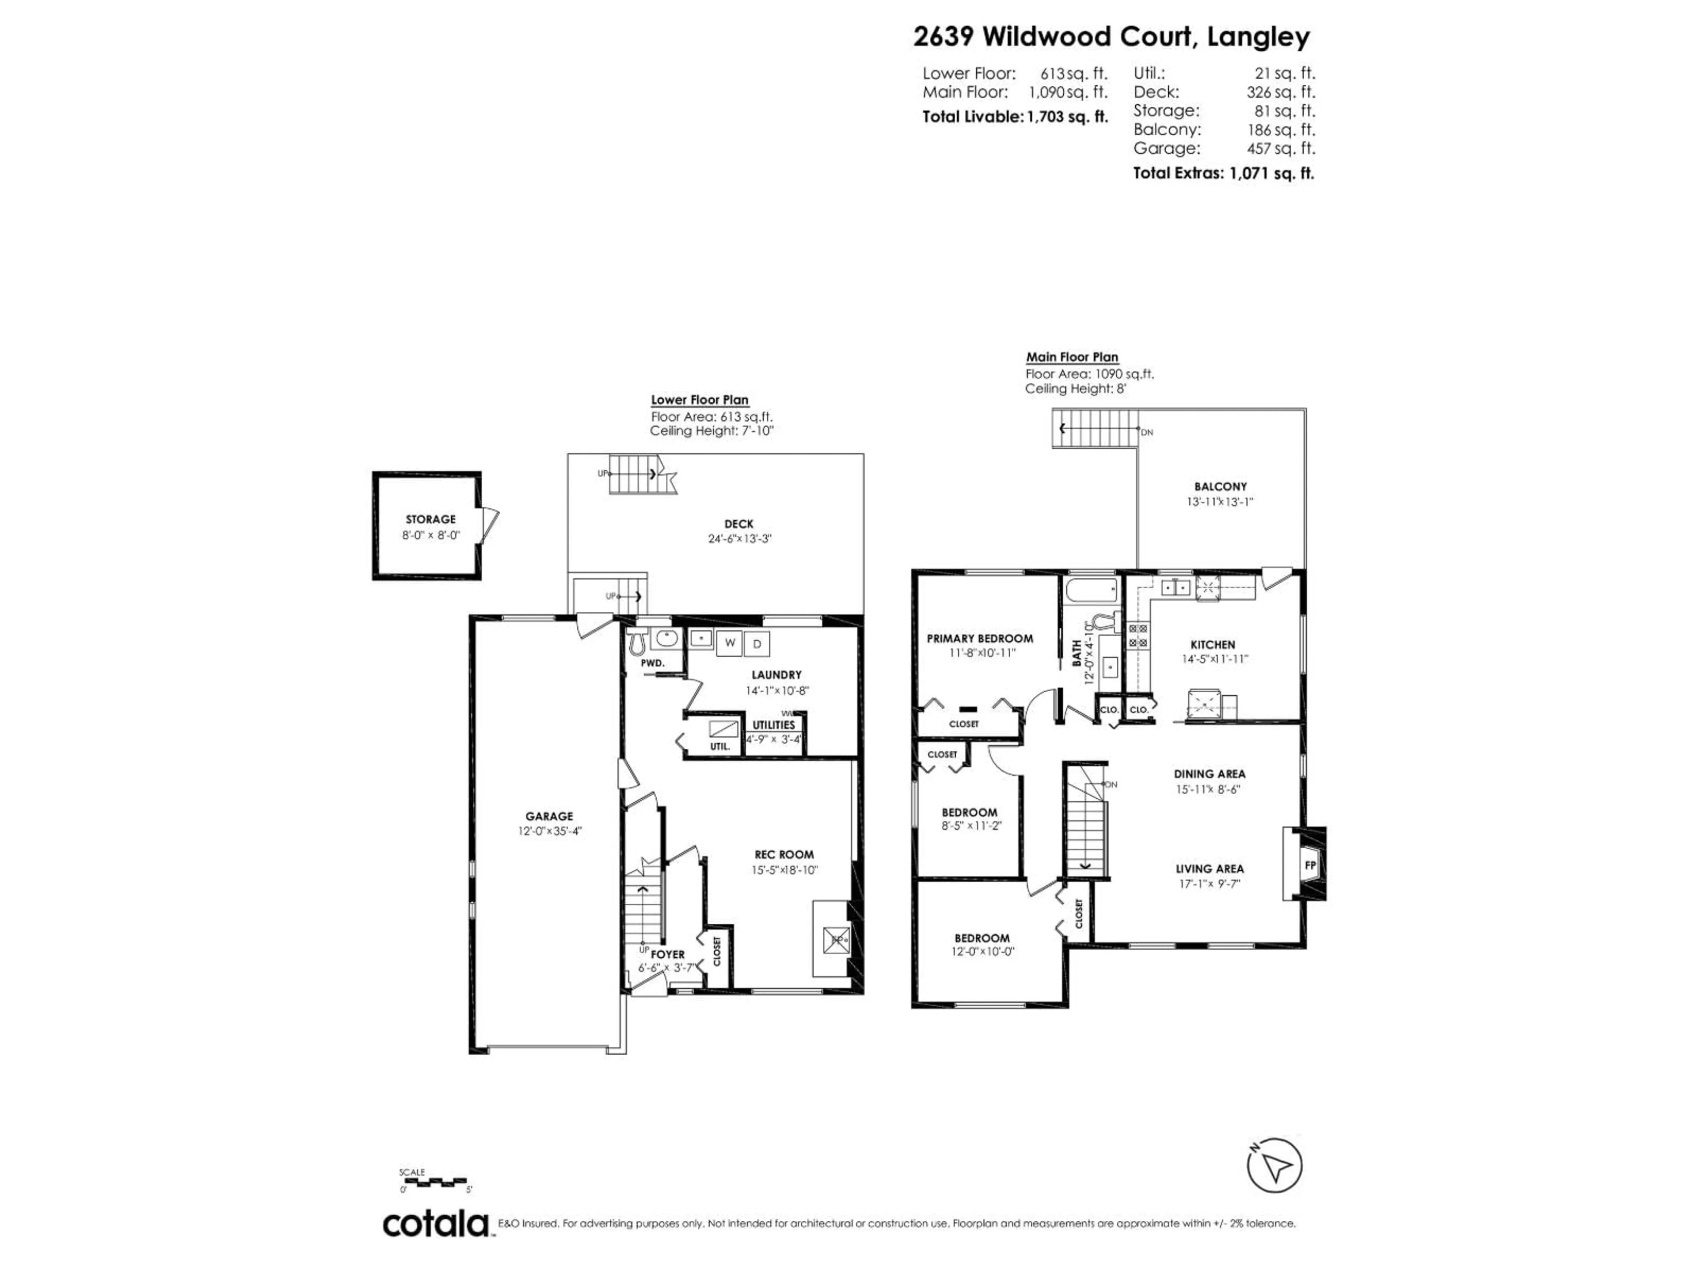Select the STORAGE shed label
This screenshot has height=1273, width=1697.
(x=430, y=519)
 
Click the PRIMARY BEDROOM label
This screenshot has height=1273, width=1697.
(x=980, y=638)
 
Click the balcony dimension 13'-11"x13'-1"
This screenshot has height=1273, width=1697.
(x=1220, y=502)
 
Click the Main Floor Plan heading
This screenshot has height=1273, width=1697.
(x=1072, y=358)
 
